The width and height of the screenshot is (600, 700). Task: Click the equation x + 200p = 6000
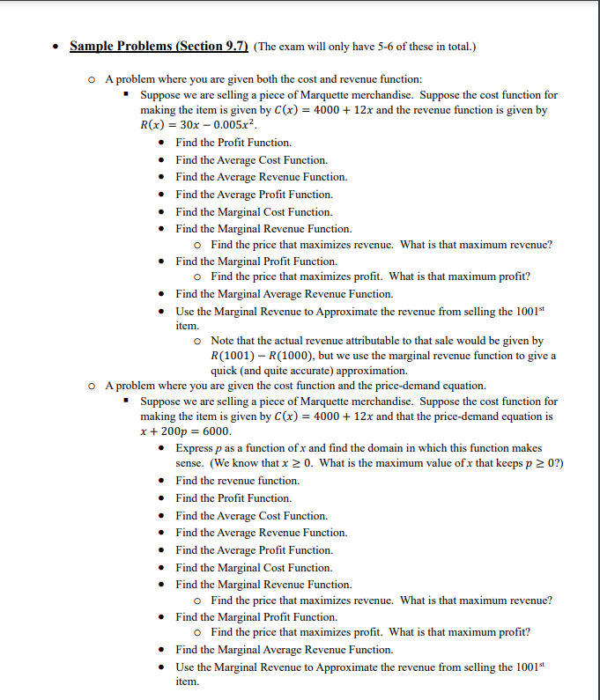[186, 431]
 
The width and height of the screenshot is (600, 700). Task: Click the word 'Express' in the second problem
[195, 448]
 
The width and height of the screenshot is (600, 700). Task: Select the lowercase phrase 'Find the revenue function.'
[237, 481]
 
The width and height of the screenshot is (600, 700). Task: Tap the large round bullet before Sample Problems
[56, 47]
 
